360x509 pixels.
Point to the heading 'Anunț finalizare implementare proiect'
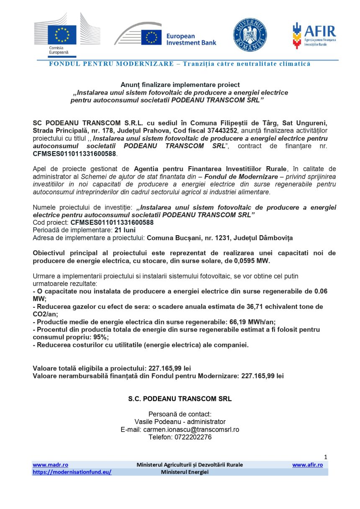point(180,85)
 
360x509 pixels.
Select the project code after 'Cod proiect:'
point(112,223)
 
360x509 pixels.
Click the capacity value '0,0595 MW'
point(253,261)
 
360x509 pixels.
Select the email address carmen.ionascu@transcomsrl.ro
point(191,429)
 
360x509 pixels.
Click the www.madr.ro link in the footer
point(51,465)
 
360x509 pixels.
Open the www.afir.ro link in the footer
point(307,465)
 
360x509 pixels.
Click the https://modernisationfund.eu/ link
point(72,472)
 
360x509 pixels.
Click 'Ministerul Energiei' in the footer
point(184,472)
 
